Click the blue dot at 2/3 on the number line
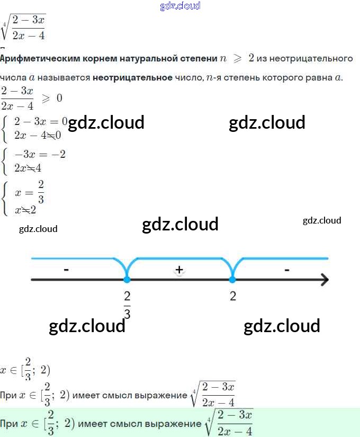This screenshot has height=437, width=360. coord(127,279)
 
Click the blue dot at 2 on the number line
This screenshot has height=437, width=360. coord(232,279)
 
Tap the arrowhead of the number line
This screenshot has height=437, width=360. coord(323,279)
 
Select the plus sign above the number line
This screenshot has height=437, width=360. coord(179,270)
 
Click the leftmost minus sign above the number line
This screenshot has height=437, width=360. coord(66,270)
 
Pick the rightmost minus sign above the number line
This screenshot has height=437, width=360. coord(286,270)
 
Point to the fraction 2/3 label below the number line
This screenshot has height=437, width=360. coord(127,305)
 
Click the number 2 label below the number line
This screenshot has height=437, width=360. coord(233,296)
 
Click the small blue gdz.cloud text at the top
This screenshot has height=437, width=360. coord(180,6)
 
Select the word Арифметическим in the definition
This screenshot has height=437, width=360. coord(32,58)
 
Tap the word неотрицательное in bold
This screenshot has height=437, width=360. coord(132,78)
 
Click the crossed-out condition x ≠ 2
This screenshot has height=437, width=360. coord(25,209)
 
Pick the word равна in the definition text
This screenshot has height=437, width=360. coord(319,78)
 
